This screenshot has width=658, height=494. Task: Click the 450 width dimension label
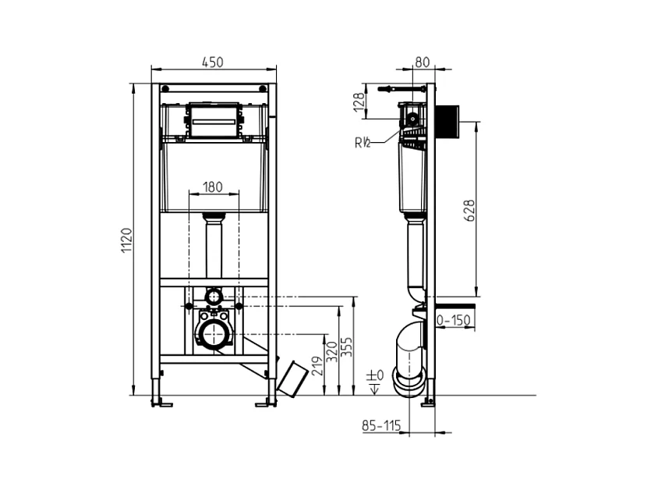tap(213, 62)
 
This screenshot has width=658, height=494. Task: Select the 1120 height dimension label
tap(127, 240)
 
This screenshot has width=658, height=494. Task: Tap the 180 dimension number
tap(213, 187)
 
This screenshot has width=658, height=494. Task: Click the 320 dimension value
tap(331, 351)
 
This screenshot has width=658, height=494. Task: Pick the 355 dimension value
tap(346, 347)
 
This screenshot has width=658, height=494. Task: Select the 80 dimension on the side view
tap(422, 62)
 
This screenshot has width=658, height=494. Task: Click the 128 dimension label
tap(359, 102)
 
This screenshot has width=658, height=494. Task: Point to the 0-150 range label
tap(454, 321)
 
